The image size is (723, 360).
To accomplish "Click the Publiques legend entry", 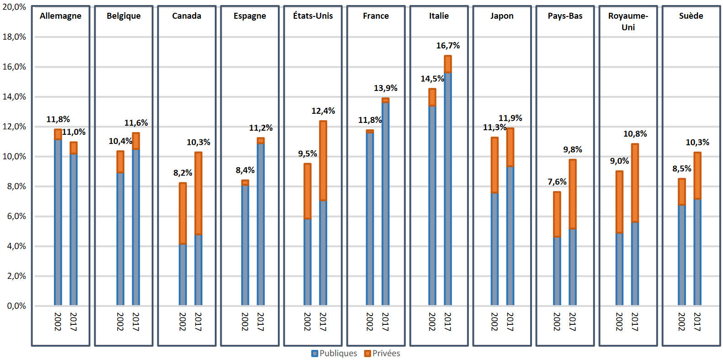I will [x=334, y=353].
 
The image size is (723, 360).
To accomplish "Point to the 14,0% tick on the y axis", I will [x=14, y=96].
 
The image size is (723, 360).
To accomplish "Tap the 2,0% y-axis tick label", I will [x=16, y=276].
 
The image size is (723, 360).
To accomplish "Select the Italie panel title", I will [x=439, y=16].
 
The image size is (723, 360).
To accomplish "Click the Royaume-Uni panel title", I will [x=628, y=21].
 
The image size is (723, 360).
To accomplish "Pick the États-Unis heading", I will [x=313, y=16].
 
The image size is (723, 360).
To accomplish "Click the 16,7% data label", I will [x=448, y=46].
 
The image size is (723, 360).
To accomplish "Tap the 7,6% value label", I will [x=557, y=182].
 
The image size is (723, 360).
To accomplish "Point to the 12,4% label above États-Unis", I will [x=323, y=111].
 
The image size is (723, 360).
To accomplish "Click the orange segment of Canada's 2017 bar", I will [x=198, y=193].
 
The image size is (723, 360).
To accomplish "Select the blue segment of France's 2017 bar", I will [x=385, y=203].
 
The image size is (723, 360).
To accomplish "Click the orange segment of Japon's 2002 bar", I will [x=494, y=165].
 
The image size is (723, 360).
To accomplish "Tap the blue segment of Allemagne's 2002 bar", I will [x=58, y=222].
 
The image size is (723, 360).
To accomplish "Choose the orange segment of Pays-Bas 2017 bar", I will [x=573, y=194].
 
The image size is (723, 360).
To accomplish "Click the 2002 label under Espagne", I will [x=245, y=322].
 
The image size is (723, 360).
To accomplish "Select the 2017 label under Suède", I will [x=697, y=322].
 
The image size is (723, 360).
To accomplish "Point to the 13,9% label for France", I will [x=385, y=88].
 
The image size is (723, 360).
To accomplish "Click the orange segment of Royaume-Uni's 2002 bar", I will [x=619, y=202].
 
